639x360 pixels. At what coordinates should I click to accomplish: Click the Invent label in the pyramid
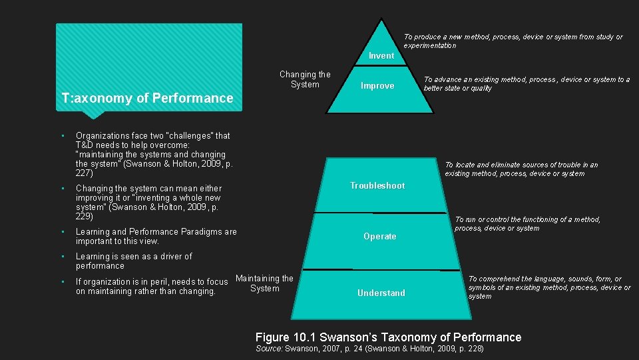coord(381,56)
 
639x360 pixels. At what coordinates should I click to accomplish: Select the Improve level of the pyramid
coord(377,86)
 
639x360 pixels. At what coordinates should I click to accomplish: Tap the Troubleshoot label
coord(377,186)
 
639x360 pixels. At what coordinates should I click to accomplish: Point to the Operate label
coord(380,237)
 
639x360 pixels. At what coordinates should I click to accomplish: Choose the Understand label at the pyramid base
coord(381,293)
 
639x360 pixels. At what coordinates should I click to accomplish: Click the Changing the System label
coord(305,79)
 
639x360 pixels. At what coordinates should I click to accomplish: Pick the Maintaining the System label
coord(264,283)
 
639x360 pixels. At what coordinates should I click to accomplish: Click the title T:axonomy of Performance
coord(147,99)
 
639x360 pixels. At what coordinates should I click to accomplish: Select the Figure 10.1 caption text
coord(388,337)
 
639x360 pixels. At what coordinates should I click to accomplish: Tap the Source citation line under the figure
coord(369,349)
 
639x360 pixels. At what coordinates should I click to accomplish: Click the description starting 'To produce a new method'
coord(513,41)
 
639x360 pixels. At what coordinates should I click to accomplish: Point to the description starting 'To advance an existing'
coord(527,84)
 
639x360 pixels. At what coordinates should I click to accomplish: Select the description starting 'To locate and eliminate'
coord(521,169)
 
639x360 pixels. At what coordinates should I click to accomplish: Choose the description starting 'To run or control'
coord(527,224)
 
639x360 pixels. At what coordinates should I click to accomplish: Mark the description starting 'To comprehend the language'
coord(549,287)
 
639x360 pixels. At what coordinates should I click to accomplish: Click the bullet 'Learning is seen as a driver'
coord(133,261)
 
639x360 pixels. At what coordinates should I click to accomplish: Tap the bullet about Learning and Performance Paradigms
coord(156,236)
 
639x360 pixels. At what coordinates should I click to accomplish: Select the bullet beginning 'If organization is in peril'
coord(151,287)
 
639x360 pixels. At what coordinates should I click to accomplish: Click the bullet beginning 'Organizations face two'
coord(154,154)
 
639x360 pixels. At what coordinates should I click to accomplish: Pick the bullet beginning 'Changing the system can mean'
coord(148,203)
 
